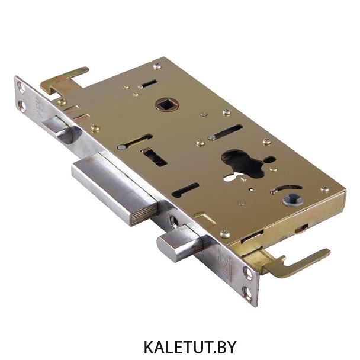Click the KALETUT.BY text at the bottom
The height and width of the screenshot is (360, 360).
(190, 347)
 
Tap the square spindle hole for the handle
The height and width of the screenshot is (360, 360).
(165, 105)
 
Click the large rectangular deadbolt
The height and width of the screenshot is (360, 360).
(115, 188)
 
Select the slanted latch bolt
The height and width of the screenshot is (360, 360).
(62, 129)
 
